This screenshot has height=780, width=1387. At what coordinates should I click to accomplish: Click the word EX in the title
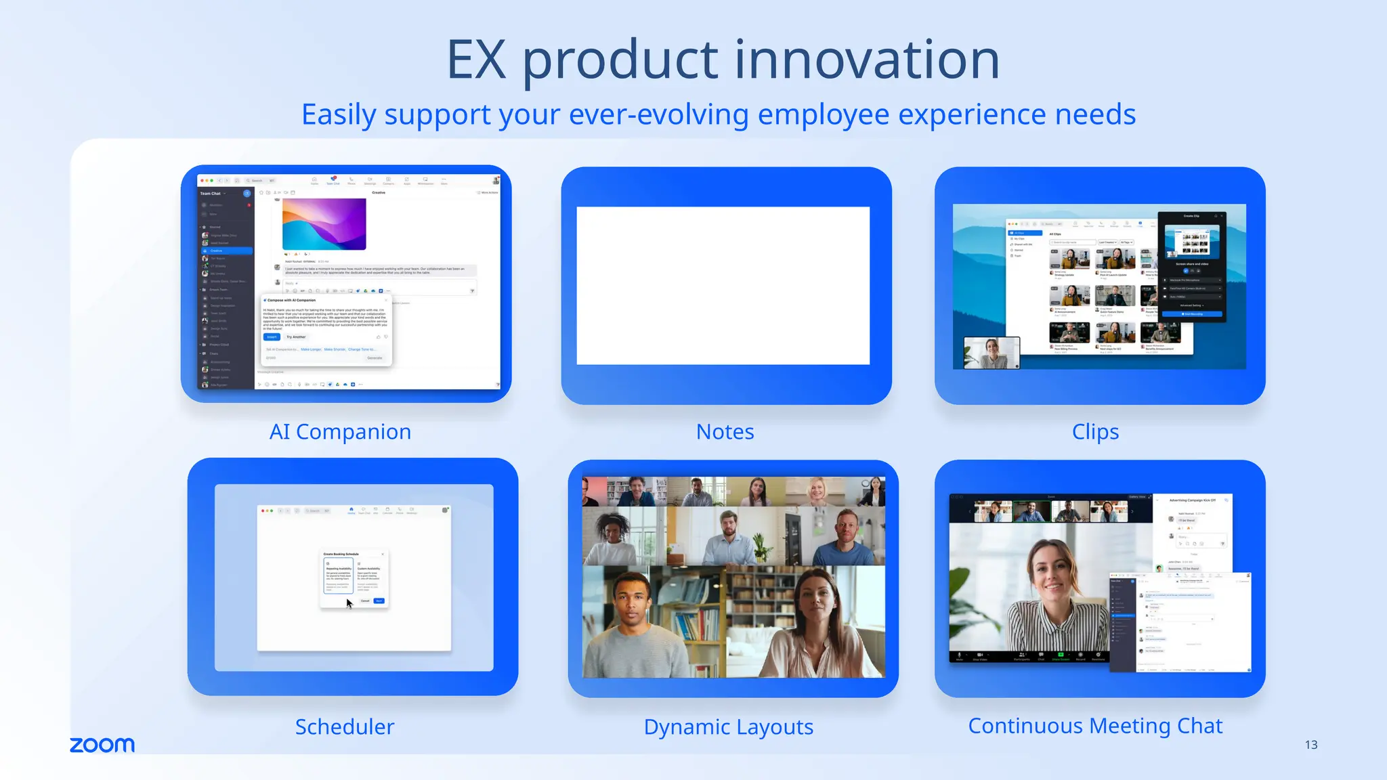tap(476, 60)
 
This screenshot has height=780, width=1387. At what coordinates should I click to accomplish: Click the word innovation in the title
tap(867, 60)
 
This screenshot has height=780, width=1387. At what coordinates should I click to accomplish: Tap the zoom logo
tap(102, 745)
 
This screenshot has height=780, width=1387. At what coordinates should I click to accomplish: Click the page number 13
tap(1310, 745)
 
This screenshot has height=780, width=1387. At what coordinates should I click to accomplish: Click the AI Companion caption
tap(340, 431)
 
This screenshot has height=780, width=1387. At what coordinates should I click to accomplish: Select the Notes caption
tap(725, 431)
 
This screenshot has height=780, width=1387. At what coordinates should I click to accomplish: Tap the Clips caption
tap(1095, 431)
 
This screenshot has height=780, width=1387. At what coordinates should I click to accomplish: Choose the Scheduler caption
tap(344, 727)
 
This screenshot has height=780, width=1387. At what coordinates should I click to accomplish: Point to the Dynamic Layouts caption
tap(728, 727)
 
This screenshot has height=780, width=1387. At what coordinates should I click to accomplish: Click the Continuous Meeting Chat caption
tap(1095, 726)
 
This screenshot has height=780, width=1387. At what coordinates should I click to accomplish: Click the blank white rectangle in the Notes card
tap(723, 286)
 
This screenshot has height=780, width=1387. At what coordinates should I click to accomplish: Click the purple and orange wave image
tap(324, 224)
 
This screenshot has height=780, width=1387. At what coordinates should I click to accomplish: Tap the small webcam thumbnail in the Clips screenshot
tap(991, 352)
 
